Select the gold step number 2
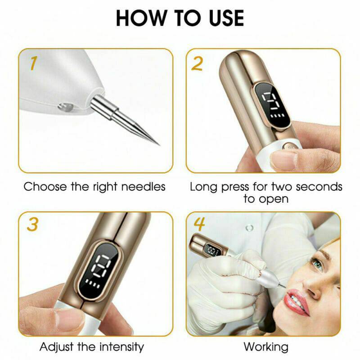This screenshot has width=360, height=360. pos(197,63)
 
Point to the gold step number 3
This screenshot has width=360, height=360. pos(32,224)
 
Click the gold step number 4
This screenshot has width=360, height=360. pos(199,224)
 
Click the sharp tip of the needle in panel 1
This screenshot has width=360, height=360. pos(159,145)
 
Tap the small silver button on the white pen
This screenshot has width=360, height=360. pos(66,107)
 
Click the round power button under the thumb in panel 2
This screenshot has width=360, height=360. pos(288,147)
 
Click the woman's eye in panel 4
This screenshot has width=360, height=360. pos(317,265)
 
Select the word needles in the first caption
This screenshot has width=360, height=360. pos(143,187)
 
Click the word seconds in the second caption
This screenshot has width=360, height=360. pos(319,187)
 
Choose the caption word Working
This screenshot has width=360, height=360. pos(266,347)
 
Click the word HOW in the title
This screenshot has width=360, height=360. pos(141,18)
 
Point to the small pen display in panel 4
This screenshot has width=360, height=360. pos(213,250)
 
